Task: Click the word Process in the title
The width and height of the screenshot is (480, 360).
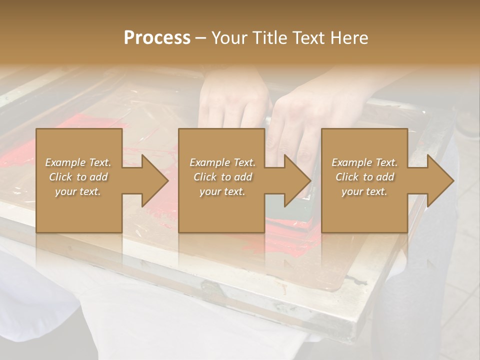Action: click(157, 37)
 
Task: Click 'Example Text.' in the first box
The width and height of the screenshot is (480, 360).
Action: click(78, 162)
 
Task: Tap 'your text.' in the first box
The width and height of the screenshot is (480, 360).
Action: click(78, 191)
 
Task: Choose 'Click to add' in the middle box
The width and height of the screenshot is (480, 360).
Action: click(222, 177)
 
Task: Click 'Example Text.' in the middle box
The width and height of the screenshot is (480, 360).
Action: click(222, 162)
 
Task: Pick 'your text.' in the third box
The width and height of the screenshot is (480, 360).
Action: click(364, 191)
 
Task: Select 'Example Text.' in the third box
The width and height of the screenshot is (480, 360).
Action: click(364, 162)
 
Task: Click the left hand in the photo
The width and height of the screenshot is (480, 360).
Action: click(232, 100)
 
